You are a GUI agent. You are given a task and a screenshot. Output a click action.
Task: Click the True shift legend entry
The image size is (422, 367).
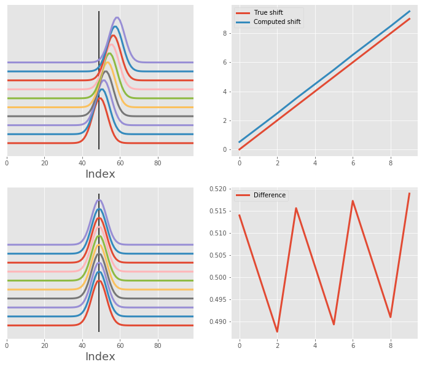[x=268, y=12]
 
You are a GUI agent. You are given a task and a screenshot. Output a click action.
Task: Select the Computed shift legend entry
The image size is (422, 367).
[x=276, y=22]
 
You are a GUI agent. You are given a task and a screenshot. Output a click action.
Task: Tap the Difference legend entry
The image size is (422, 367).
[x=269, y=195]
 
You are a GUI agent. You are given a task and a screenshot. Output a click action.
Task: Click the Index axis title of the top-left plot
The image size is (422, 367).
[x=100, y=174]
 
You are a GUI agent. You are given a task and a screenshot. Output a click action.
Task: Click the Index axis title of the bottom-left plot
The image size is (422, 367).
[x=100, y=357]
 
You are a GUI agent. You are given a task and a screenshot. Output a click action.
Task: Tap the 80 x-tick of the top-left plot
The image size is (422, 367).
[x=158, y=163]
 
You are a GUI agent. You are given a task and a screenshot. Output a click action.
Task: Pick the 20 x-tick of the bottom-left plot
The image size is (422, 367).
[x=44, y=345]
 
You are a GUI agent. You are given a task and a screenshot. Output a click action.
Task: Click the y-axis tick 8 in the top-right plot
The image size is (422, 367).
[x=225, y=33]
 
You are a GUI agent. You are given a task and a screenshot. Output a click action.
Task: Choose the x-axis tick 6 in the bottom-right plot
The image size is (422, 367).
[x=353, y=345]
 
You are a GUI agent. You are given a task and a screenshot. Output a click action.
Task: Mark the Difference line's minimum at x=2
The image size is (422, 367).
[x=277, y=332]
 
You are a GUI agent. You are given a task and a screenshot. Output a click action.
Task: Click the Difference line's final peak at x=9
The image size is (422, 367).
[x=409, y=193]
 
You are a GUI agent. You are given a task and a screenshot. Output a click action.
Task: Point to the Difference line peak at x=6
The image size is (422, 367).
[x=353, y=200]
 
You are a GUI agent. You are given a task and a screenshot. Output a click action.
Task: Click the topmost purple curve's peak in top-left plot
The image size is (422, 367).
[x=117, y=17]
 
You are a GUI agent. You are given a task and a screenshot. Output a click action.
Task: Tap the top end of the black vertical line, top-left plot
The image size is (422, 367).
[x=99, y=11]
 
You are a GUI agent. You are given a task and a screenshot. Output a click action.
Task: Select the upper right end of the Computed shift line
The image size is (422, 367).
[x=410, y=11]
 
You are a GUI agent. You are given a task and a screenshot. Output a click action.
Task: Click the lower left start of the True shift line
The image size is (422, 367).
[x=240, y=149]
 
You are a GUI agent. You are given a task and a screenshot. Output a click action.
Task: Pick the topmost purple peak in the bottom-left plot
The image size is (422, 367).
[x=99, y=200]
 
